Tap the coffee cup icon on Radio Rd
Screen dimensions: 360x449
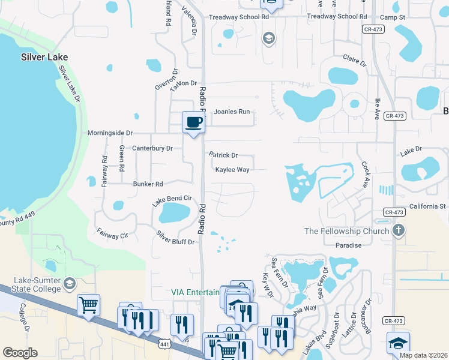coord(193,123)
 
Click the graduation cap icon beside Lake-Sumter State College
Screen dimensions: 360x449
coord(70,283)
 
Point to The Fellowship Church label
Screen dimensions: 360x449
coord(347,231)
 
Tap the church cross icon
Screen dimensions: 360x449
coord(398,230)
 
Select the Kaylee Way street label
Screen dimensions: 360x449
coord(232,170)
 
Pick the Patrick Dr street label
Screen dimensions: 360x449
coord(223,155)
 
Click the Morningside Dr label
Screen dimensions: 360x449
coord(110,133)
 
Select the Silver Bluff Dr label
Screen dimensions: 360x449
coord(175,238)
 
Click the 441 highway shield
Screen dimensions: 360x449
coord(166,344)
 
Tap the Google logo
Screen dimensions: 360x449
coord(20,352)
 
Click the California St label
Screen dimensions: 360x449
coord(427,206)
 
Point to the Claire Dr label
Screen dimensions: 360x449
coord(354,60)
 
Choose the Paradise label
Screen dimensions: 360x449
coord(349,245)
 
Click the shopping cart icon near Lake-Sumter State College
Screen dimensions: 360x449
coord(88,305)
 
